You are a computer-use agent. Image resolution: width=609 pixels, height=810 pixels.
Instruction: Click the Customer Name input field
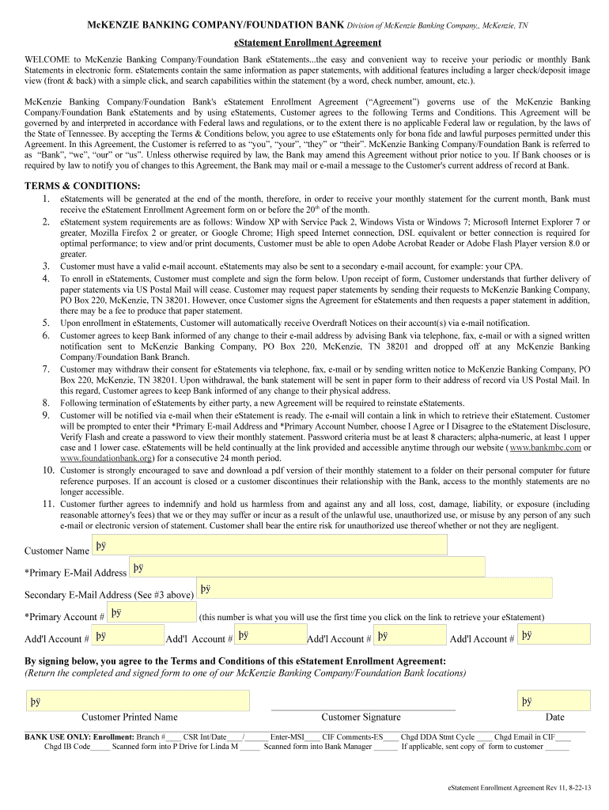pos(269,545)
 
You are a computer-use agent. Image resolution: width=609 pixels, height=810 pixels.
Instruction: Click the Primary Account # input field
pos(151,612)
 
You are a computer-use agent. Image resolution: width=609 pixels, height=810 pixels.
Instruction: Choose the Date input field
pos(554,701)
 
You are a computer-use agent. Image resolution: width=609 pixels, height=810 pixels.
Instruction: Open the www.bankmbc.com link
pos(546,447)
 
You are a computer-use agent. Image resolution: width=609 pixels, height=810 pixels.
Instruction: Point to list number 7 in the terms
pos(47,369)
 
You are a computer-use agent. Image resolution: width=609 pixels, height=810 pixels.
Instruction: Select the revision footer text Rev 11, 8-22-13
pos(562,788)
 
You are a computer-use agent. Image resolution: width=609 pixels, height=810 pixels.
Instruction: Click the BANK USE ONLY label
pos(57,736)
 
